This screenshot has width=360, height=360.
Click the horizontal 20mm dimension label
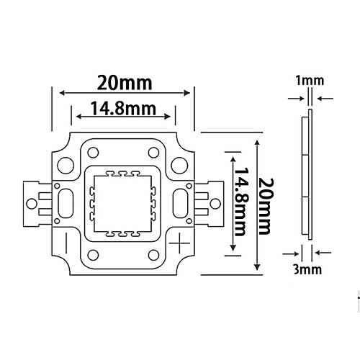pos(125,83)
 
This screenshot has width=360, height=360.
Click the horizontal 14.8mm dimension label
pos(123,109)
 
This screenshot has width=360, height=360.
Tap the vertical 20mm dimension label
pos(266,207)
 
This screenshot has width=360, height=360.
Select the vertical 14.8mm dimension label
pos(241,202)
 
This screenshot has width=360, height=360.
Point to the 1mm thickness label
pos(310,81)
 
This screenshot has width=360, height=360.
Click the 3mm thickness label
pos(307,269)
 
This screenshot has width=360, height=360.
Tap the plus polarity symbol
pos(179,243)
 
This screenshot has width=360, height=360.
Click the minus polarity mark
pos(66,243)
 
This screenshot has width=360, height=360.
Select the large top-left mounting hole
pos(66,166)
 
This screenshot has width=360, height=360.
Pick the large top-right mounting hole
pos(179,166)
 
